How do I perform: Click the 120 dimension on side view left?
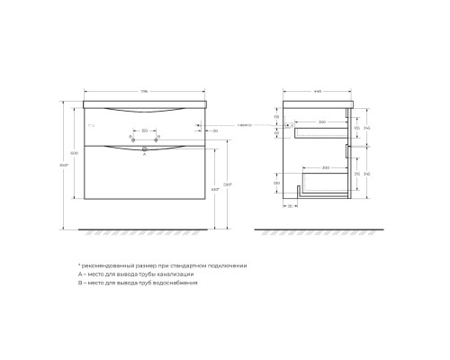tap(277, 116)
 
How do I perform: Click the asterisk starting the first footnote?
tap(78, 266)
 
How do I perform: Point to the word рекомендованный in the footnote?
tap(103, 266)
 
